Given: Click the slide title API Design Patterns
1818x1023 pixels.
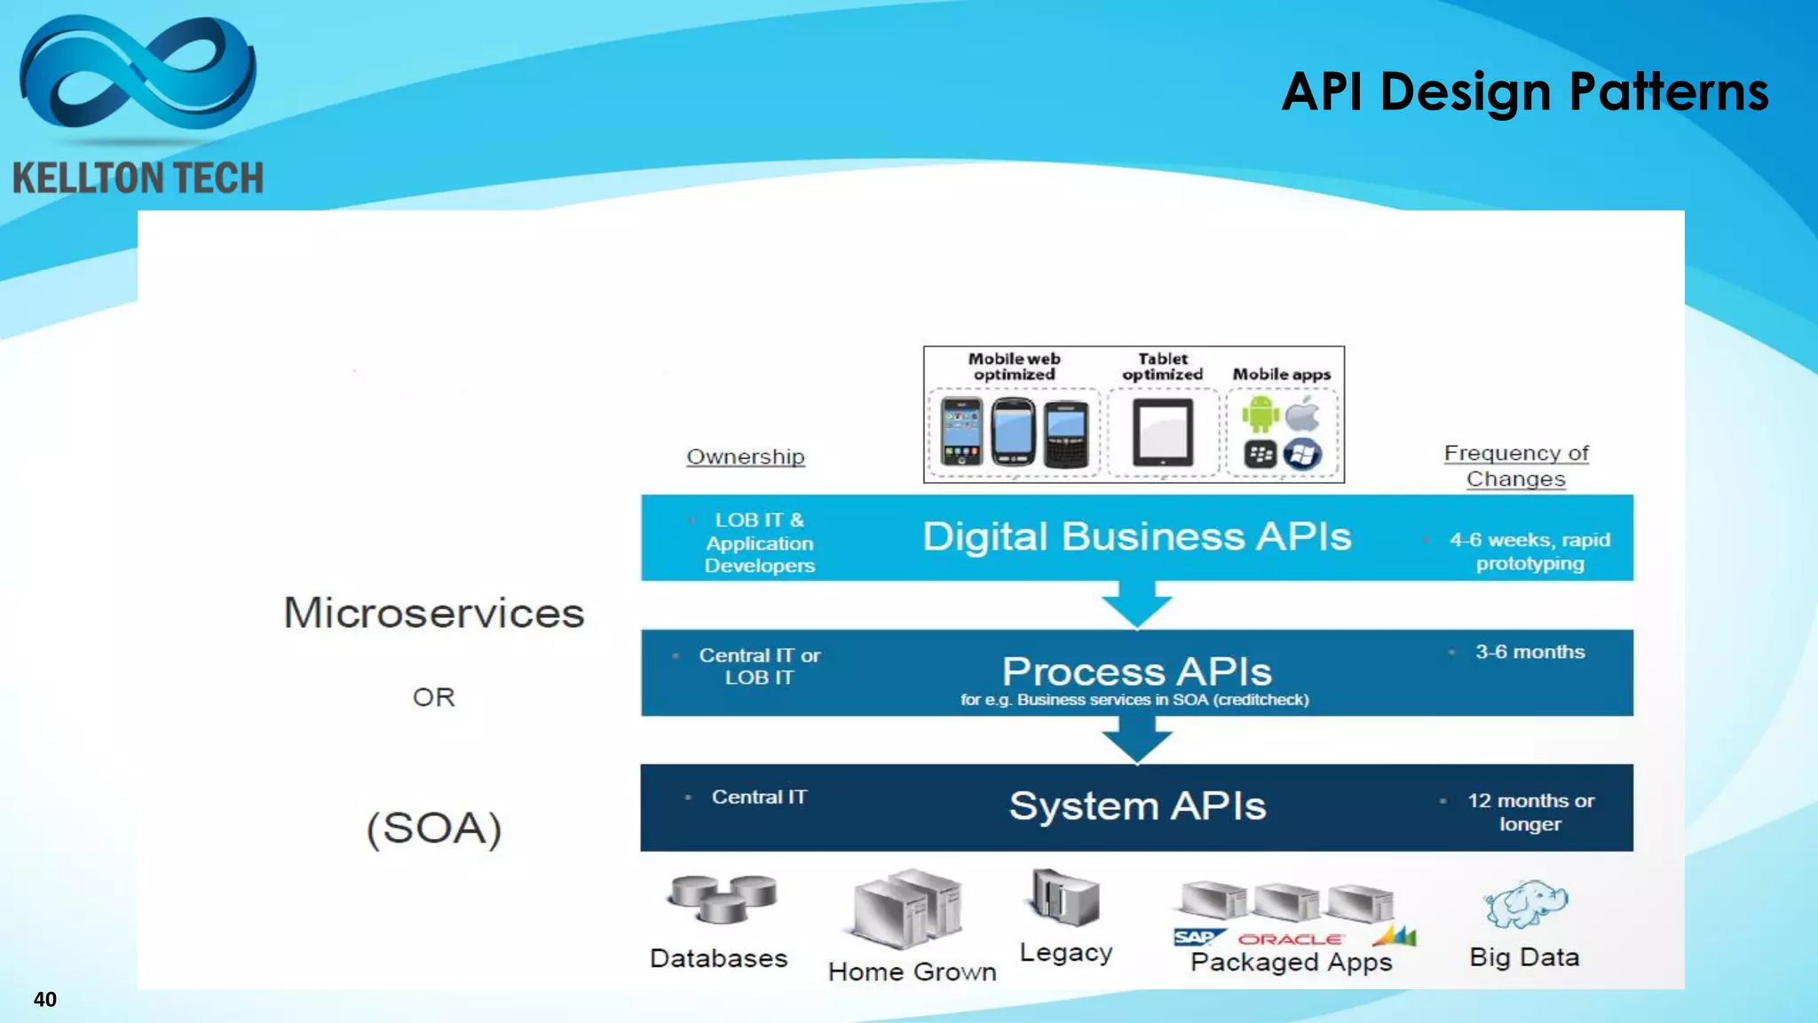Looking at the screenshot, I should click(1524, 91).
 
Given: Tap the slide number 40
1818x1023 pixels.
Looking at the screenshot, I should click(44, 999).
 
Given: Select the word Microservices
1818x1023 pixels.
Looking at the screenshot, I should click(433, 613).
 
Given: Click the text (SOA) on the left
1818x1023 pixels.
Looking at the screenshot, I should click(434, 828).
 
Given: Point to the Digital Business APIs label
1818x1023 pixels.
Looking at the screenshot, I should click(1136, 536).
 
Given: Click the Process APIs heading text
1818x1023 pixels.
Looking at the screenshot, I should click(1136, 670).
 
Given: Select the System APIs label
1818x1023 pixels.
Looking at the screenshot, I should click(1136, 805).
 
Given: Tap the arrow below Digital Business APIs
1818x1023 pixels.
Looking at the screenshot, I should click(1137, 605).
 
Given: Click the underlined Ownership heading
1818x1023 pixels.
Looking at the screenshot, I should click(745, 456).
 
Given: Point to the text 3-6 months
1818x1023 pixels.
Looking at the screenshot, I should click(1529, 652).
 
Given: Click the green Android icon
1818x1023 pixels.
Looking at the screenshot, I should click(1260, 414).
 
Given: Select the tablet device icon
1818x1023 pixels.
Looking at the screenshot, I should click(1162, 432).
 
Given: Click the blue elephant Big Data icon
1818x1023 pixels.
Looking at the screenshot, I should click(1525, 904).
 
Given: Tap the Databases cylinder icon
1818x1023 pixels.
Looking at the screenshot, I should click(723, 898).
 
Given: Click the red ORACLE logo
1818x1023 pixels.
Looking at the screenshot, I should click(1290, 939).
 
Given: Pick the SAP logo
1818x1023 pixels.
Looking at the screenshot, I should click(1196, 938).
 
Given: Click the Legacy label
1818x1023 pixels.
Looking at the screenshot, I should click(1065, 953).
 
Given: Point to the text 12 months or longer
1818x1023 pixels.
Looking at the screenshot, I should click(1530, 812).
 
